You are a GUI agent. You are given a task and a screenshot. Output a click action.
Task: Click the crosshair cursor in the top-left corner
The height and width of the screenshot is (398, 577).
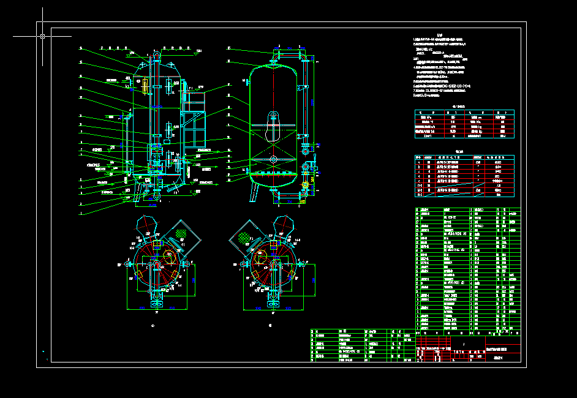(42, 36)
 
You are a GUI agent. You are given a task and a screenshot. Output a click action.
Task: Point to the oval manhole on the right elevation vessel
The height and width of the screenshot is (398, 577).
(273, 119)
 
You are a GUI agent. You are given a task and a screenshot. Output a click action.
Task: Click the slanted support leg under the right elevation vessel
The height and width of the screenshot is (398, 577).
(253, 192)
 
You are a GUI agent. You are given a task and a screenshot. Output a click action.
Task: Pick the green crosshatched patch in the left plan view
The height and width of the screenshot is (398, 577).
(182, 233)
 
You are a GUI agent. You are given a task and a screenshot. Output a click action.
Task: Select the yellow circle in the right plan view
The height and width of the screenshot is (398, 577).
(271, 245)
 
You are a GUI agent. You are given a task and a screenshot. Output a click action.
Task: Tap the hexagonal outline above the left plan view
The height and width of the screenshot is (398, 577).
(146, 223)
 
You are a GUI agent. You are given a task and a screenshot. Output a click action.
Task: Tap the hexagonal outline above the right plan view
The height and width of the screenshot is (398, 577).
(283, 223)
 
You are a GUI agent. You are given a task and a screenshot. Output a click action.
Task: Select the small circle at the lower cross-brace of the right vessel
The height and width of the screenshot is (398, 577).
(273, 160)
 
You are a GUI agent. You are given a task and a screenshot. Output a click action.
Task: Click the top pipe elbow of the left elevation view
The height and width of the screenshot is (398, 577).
(156, 55)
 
